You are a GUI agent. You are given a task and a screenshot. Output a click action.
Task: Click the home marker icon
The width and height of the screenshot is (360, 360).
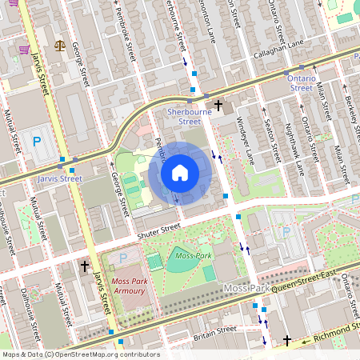pos(180,173)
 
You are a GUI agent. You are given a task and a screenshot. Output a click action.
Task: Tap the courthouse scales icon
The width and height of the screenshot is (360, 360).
pos(60,44)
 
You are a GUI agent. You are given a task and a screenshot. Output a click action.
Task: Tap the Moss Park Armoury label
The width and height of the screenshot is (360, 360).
pos(130,286)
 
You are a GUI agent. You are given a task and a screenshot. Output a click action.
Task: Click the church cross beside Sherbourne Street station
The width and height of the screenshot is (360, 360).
pos(218,105)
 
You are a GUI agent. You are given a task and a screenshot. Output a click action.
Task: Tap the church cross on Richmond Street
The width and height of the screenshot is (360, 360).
pos(288,341)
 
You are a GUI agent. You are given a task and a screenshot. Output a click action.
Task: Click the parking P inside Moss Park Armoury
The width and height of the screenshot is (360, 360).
pos(122,258)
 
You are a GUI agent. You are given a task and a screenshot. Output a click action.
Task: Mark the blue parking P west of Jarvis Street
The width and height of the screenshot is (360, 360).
pos(36,142)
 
